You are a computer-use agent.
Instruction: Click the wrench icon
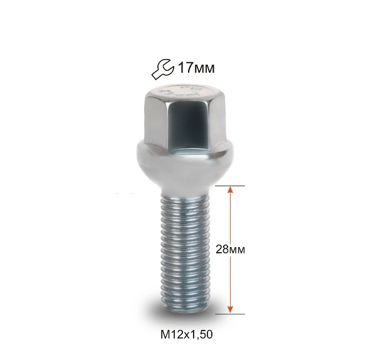[162, 68]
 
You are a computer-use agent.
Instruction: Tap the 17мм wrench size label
[196, 68]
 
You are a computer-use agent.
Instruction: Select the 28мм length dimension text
[230, 250]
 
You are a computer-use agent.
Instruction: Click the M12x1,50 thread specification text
[186, 334]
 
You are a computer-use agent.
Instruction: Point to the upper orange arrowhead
[230, 189]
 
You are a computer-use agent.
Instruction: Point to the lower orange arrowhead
[230, 310]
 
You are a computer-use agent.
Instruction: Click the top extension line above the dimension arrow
[230, 186]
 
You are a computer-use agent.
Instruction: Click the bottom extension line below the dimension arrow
[230, 314]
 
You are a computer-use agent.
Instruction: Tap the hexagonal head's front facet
[187, 125]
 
